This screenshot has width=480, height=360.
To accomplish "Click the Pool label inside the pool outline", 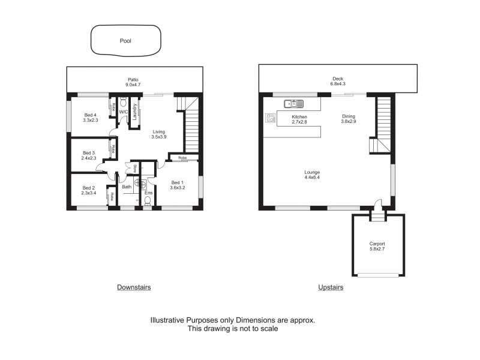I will click(125, 41).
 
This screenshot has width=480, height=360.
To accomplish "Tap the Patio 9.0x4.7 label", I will click(134, 82).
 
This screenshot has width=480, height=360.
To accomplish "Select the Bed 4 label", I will click(90, 117).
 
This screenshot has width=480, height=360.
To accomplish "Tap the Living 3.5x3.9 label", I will click(159, 134).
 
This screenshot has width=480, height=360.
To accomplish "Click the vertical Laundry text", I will click(136, 112).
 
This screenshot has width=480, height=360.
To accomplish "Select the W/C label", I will click(123, 112).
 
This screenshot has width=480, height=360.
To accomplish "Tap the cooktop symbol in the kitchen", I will click(268, 118).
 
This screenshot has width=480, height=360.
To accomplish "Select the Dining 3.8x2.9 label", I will click(349, 119).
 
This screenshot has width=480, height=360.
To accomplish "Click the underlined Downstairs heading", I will click(133, 287).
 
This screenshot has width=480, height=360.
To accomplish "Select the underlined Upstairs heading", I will click(331, 287).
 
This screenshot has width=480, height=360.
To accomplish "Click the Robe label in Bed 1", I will click(182, 158).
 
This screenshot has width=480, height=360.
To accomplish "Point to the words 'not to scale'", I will click(259, 329).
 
